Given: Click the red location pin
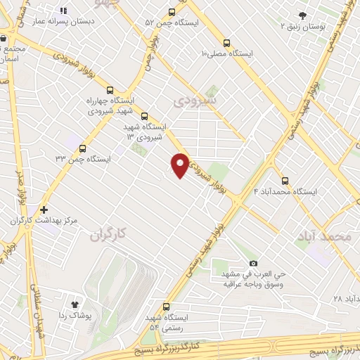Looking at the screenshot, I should point(180,164).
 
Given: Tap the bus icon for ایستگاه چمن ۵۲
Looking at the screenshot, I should point(172,12).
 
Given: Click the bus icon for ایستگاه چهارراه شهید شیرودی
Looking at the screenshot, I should point(109,90).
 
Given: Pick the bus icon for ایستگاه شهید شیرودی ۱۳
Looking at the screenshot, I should point(144,116).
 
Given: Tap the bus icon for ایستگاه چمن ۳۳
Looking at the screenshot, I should point(83,148).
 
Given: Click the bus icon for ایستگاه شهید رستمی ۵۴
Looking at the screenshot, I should point(167,307).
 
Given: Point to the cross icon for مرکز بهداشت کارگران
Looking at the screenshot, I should point(44,209).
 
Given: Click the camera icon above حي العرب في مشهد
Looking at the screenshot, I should point(253,262).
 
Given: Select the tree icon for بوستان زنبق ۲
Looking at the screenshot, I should point(303,15).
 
